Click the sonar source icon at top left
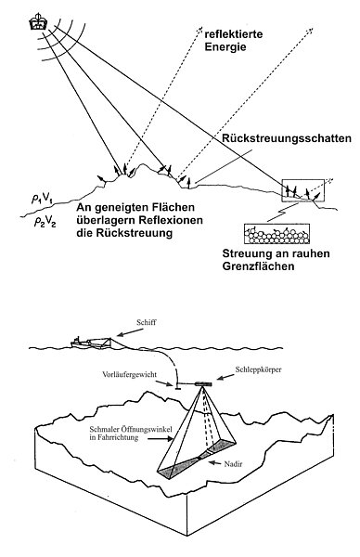38,21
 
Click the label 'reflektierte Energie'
233,41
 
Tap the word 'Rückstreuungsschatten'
287,138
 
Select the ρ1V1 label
42,200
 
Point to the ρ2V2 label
45,222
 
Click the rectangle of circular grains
276,234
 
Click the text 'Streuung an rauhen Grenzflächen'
276,260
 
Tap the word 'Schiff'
147,322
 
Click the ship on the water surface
91,342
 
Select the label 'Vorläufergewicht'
130,375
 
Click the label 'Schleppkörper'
259,369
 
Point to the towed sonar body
203,383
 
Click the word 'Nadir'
233,464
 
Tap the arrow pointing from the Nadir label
214,462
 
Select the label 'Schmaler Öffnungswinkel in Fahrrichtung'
131,434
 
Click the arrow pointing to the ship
130,331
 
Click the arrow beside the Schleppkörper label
224,378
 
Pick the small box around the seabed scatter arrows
302,190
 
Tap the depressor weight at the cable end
177,385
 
